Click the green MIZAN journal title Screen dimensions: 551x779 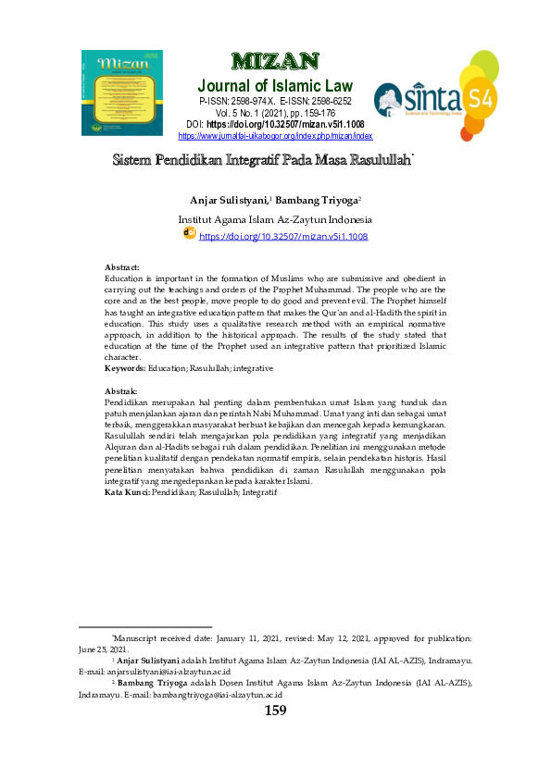click(275, 63)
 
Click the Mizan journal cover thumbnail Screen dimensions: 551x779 click(121, 93)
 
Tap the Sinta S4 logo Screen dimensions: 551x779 click(436, 94)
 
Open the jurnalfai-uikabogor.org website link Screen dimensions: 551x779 click(275, 135)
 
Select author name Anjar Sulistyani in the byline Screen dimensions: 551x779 click(228, 200)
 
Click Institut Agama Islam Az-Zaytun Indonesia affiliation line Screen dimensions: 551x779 click(275, 220)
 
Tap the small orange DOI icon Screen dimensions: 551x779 click(189, 234)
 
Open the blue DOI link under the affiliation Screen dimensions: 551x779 click(283, 237)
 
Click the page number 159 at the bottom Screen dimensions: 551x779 click(275, 711)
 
